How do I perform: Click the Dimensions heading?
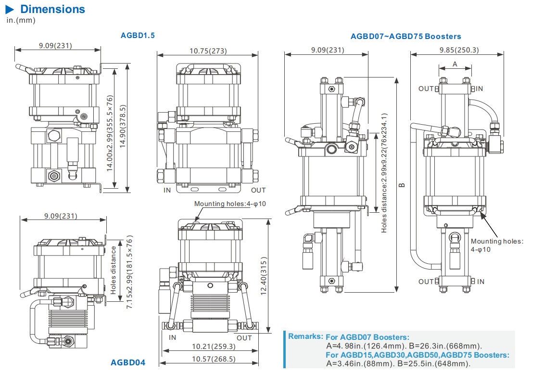pyautogui.click(x=52, y=9)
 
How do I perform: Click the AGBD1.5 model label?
pyautogui.click(x=138, y=35)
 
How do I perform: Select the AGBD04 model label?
pyautogui.click(x=128, y=362)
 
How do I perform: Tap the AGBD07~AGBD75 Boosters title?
pyautogui.click(x=405, y=36)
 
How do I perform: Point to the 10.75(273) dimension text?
pyautogui.click(x=208, y=51)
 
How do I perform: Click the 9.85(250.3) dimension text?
pyautogui.click(x=459, y=50)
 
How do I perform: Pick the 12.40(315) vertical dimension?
pyautogui.click(x=263, y=269)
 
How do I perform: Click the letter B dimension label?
pyautogui.click(x=402, y=184)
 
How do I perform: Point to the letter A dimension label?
pyautogui.click(x=455, y=64)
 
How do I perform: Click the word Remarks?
pyautogui.click(x=305, y=336)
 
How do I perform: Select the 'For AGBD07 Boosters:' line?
pyautogui.click(x=367, y=337)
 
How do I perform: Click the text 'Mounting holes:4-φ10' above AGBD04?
pyautogui.click(x=230, y=204)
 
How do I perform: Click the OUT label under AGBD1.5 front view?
pyautogui.click(x=258, y=191)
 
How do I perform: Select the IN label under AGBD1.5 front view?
pyautogui.click(x=167, y=191)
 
